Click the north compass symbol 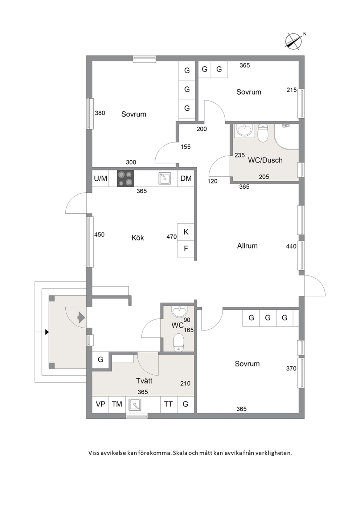(x=294, y=42)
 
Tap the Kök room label (x=138, y=238)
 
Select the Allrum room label (x=247, y=246)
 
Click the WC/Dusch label (x=265, y=160)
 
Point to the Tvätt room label (x=144, y=381)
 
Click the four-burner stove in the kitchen (x=126, y=178)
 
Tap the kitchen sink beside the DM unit (x=165, y=178)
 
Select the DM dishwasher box (x=186, y=178)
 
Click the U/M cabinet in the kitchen (x=101, y=178)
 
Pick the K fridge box (x=186, y=232)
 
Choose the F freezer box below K (x=186, y=249)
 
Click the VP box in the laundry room (x=101, y=405)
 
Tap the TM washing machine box (x=117, y=405)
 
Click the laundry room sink (x=135, y=405)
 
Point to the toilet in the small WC (x=179, y=342)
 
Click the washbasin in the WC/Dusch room (x=244, y=130)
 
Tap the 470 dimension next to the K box (x=172, y=237)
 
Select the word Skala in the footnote (x=180, y=453)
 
